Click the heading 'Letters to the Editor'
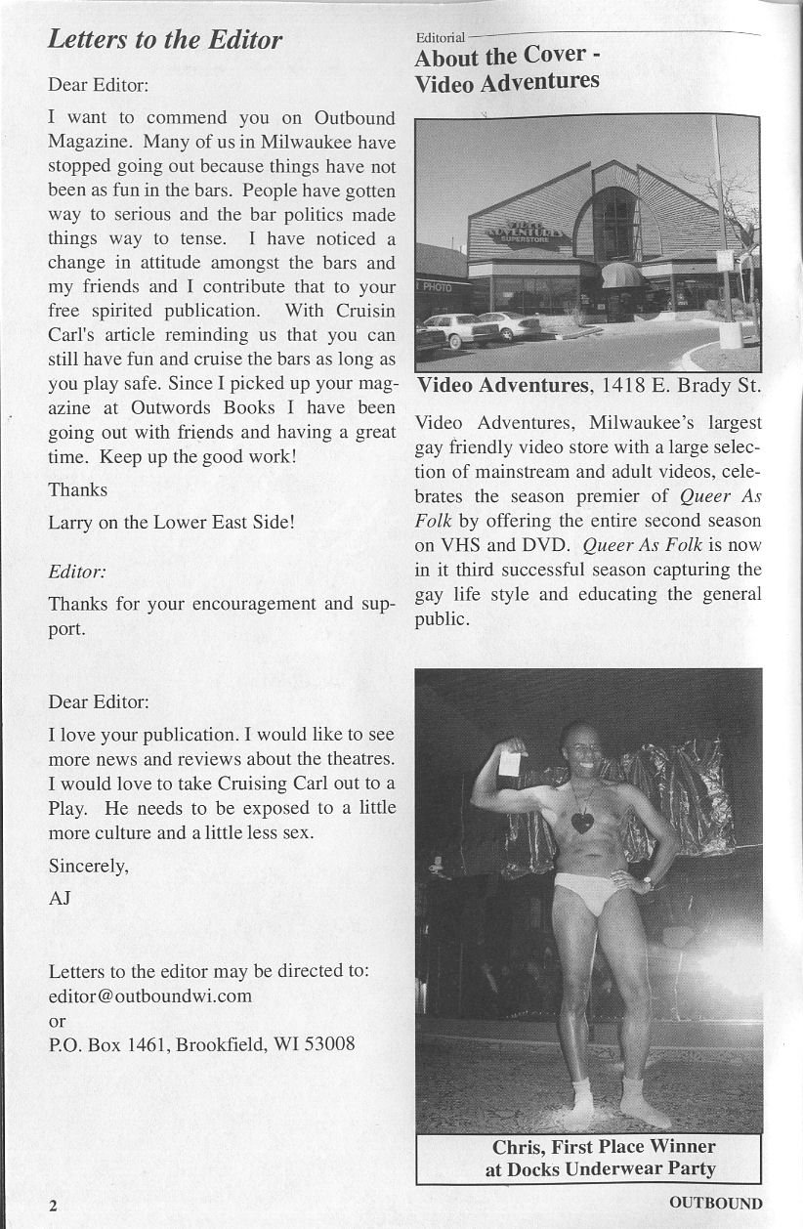coord(165,40)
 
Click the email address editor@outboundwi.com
coord(150,996)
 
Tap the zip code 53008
coord(330,1044)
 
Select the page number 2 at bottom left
coord(54,1205)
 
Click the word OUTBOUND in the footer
coord(716,1203)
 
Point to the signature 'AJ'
coord(60,899)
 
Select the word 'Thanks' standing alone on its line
coord(78,489)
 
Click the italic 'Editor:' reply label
coord(77,571)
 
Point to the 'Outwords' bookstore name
coord(168,407)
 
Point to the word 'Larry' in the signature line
coord(71,522)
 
